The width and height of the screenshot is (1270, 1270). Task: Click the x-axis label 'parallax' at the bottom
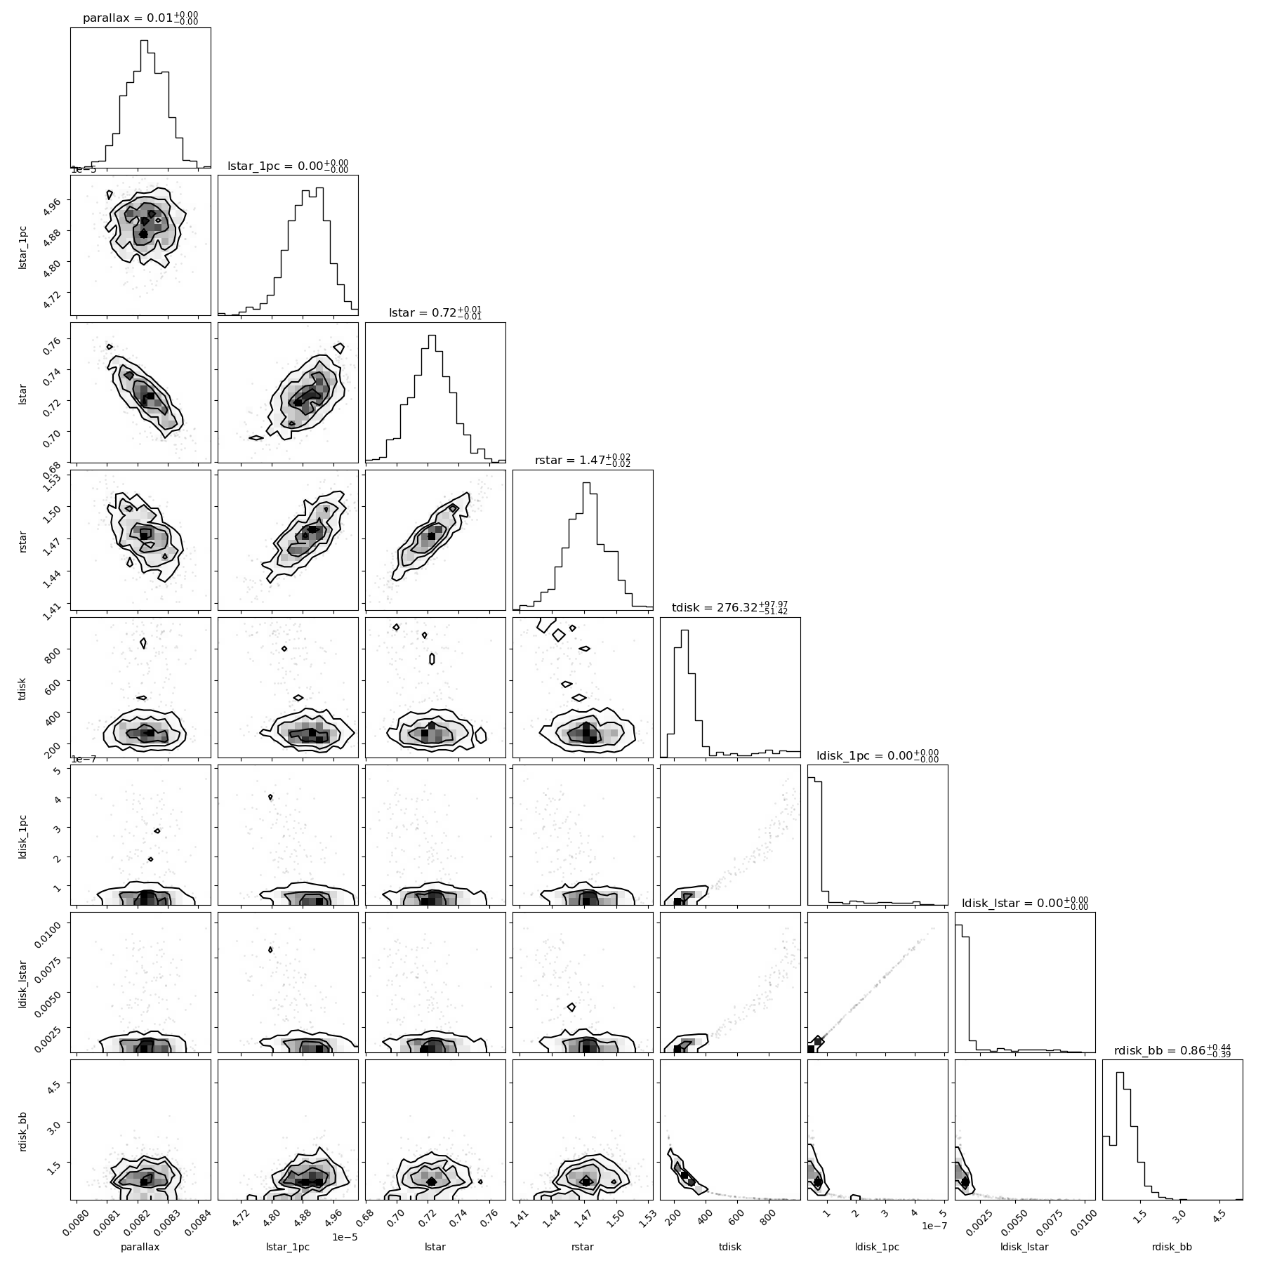click(140, 1247)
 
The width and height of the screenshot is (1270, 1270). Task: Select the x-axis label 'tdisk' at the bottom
click(730, 1247)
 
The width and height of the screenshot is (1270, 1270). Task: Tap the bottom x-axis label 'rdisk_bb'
click(1172, 1247)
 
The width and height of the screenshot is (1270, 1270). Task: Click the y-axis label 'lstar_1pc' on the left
click(23, 245)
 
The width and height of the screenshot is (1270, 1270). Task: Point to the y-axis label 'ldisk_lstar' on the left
click(23, 982)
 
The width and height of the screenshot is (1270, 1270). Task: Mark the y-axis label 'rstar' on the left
click(23, 540)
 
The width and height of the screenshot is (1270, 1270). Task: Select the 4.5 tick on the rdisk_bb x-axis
click(1215, 1216)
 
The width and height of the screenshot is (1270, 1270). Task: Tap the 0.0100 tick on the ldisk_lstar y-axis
click(55, 932)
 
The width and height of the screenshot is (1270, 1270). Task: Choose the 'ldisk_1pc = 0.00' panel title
click(878, 755)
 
